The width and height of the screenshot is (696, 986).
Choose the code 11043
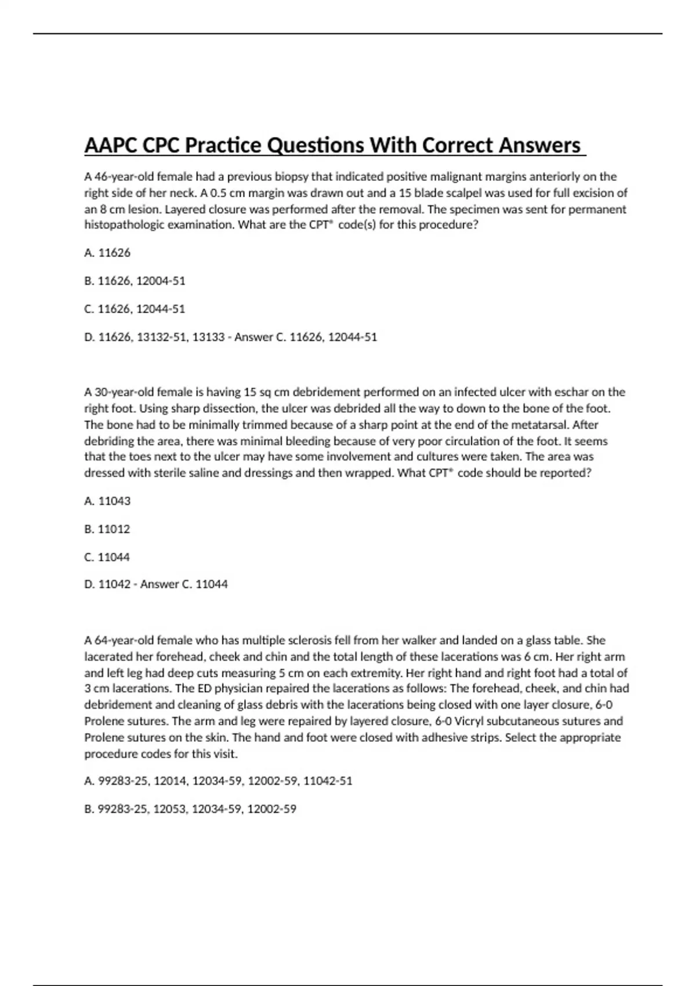coord(114,501)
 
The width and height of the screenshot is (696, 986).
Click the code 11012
coord(114,529)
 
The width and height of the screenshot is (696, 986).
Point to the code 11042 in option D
coord(114,584)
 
